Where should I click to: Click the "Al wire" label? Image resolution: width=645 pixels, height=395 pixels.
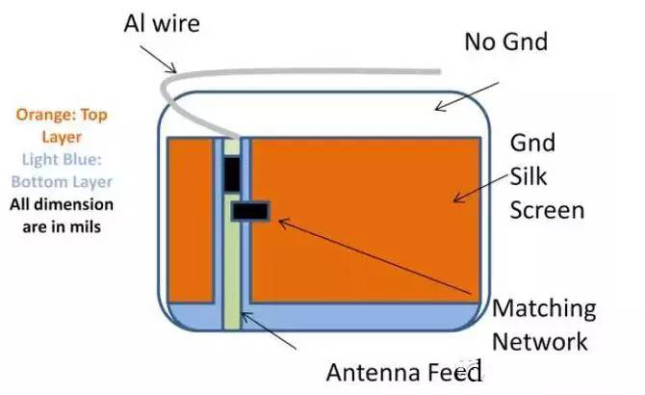click(x=161, y=21)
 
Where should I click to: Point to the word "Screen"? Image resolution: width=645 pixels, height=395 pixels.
click(x=546, y=209)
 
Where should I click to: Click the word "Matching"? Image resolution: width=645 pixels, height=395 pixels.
click(x=544, y=309)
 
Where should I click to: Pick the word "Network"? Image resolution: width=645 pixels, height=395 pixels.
click(x=539, y=341)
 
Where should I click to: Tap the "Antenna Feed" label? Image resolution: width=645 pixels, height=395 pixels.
click(x=402, y=372)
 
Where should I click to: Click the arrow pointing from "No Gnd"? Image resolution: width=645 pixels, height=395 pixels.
click(x=467, y=95)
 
